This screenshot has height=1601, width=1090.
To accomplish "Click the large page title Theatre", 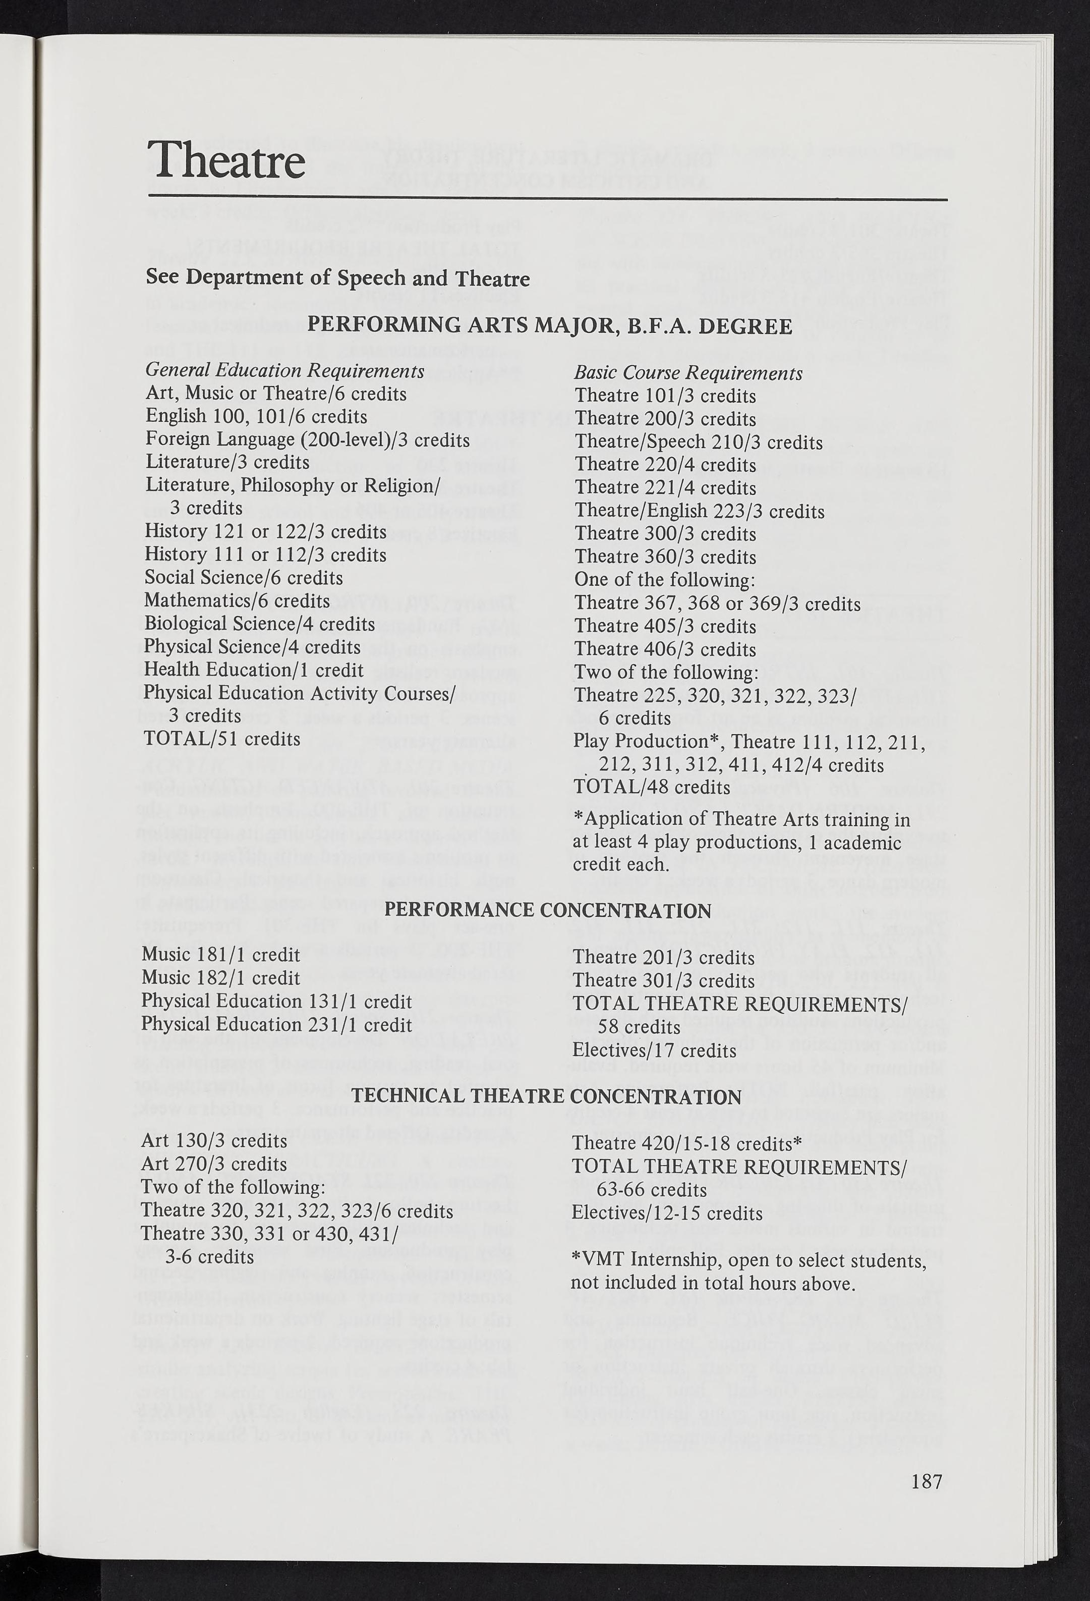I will (226, 160).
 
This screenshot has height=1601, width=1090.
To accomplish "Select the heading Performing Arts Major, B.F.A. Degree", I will (549, 325).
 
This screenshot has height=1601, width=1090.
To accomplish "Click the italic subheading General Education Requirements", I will (284, 371).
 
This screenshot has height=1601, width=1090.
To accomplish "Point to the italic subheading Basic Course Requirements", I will (689, 373).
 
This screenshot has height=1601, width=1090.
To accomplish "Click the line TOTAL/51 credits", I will (222, 739).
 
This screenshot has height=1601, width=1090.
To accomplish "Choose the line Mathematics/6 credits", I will (238, 601).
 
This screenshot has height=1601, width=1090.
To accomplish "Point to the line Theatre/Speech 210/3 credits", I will (698, 443).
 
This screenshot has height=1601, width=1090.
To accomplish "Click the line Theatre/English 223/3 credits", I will (699, 511).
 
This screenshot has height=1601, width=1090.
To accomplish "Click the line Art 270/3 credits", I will (213, 1164).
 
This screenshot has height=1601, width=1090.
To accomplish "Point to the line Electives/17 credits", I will (654, 1051).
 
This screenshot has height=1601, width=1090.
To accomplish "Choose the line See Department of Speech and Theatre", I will (337, 279).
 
